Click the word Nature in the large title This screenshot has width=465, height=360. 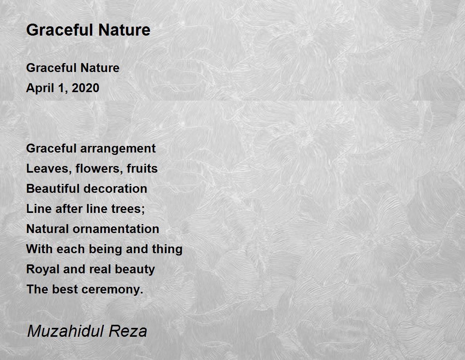pos(124,30)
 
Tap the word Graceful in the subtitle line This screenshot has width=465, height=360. pos(52,68)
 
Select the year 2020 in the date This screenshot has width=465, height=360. pos(85,88)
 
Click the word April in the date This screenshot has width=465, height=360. pos(40,88)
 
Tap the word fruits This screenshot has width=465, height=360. pos(142,168)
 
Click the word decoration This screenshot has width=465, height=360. pos(115,189)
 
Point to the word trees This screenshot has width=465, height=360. pos(128,209)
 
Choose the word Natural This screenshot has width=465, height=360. pos(48,229)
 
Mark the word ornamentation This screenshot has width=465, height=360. pos(116,229)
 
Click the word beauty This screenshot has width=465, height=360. pos(135,269)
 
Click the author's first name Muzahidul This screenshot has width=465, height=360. pos(66,331)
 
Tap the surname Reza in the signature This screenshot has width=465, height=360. pos(128,331)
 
